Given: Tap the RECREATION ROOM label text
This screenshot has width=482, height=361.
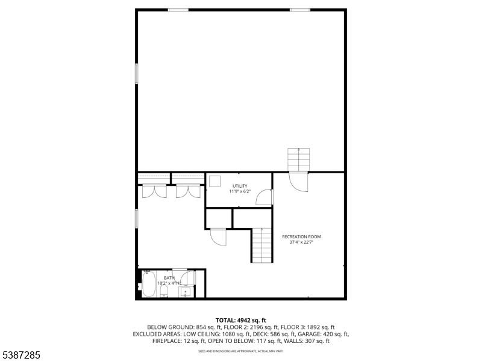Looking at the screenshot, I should pyautogui.click(x=302, y=239).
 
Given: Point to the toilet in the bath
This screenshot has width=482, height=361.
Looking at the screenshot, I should pyautogui.click(x=163, y=292).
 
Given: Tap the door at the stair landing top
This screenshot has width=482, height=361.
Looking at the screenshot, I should pyautogui.click(x=298, y=181).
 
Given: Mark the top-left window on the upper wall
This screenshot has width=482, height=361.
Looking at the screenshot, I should pyautogui.click(x=178, y=10).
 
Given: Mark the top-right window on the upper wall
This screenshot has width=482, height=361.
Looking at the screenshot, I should pyautogui.click(x=300, y=10).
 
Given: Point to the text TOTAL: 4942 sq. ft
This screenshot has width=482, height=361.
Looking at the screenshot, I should pyautogui.click(x=241, y=319).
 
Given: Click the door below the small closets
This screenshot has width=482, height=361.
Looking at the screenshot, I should pyautogui.click(x=219, y=237).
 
